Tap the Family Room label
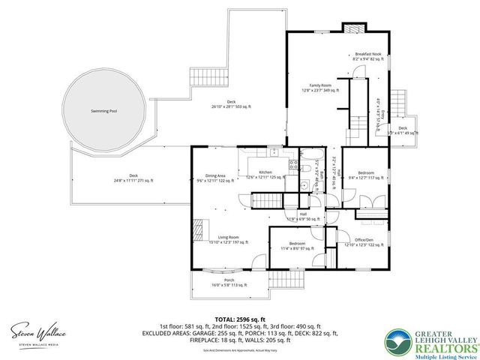pos(321,88)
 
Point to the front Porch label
pos(229,282)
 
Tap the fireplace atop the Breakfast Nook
pos(352,28)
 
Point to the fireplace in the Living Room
pos(197,228)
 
